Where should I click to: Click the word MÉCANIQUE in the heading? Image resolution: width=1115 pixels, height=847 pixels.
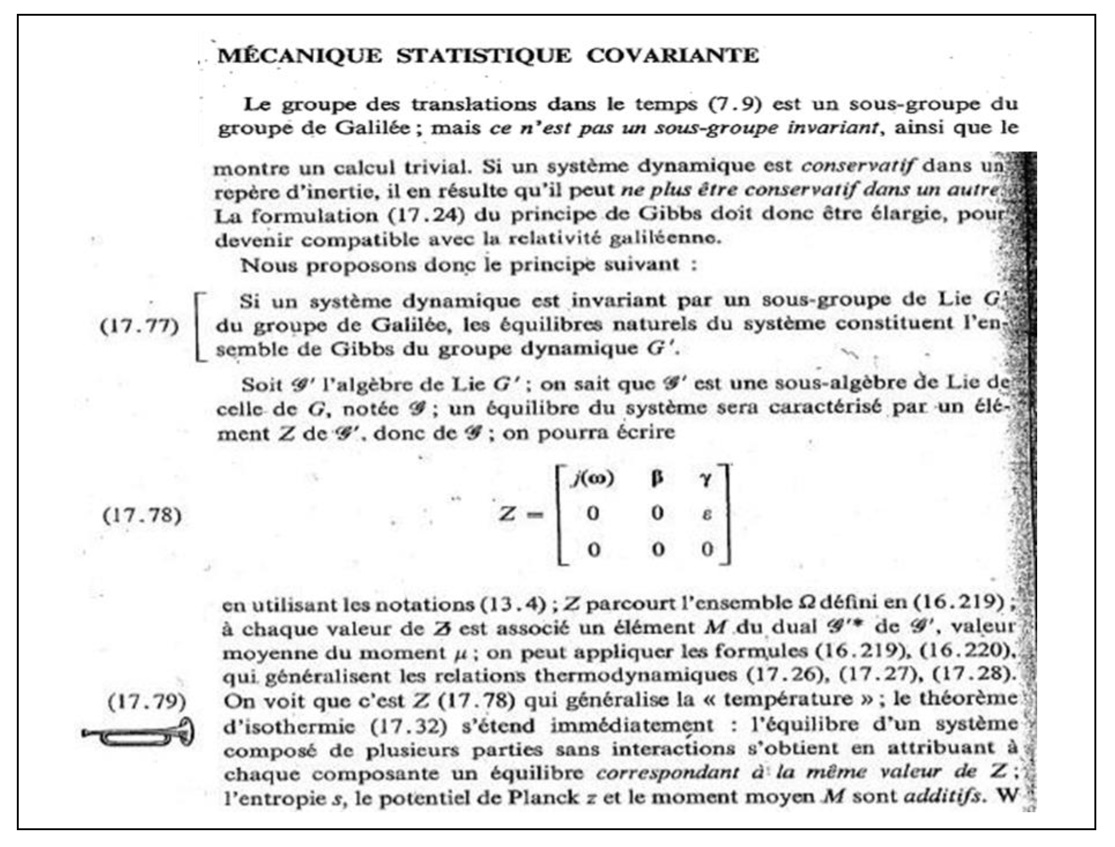tap(300, 55)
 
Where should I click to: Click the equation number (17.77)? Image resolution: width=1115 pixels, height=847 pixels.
tap(140, 327)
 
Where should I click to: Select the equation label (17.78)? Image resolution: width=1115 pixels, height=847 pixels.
tap(142, 516)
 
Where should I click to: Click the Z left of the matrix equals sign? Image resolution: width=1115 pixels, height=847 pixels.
tap(508, 514)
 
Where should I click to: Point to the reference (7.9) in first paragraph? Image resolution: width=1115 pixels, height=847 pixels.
tap(735, 104)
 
